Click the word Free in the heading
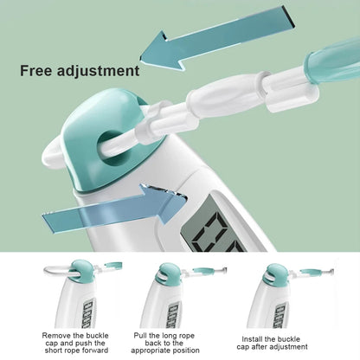[x=36, y=71]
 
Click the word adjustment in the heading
[x=98, y=72]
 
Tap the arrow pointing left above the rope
[x=217, y=37]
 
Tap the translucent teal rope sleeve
[x=331, y=61]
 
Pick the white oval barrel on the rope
[x=223, y=94]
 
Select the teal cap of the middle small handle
[x=168, y=273]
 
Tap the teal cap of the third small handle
[x=275, y=275]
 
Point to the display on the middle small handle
[x=174, y=315]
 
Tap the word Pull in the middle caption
[x=140, y=336]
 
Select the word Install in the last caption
[x=252, y=339]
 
